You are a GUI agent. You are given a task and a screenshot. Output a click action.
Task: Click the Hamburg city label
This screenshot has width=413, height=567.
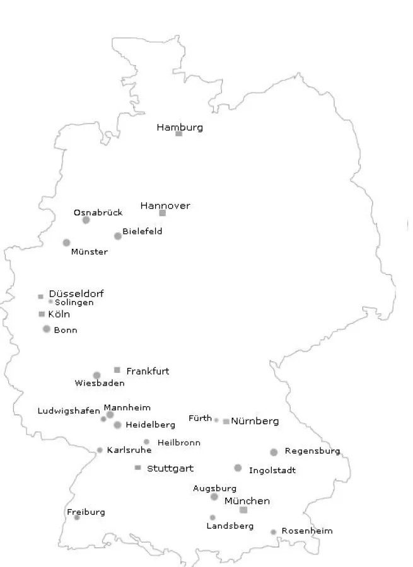pos(180,127)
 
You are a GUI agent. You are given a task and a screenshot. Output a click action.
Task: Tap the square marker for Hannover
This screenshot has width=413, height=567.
pos(162,213)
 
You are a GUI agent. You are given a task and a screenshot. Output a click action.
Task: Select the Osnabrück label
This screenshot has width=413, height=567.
pos(98,212)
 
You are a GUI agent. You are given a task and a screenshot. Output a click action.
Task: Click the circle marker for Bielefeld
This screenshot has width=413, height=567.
pos(118,236)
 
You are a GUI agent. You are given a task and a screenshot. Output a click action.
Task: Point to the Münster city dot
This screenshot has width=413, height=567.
pos(67,243)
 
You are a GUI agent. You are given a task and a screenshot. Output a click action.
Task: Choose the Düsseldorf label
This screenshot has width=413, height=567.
pos(76,294)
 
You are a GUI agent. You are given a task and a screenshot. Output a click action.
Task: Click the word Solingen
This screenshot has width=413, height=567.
pos(74,302)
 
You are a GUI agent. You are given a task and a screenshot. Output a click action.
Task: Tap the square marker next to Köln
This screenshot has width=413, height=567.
pos(42,314)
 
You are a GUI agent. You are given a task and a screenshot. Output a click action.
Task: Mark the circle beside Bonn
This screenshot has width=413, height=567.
pos(47,329)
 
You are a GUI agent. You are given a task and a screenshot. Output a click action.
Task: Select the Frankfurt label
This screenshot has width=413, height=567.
pos(148,371)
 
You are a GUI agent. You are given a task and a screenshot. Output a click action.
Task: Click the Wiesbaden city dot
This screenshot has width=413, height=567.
pos(96,375)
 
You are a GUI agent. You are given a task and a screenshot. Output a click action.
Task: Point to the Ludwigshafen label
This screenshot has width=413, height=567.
pos(69,411)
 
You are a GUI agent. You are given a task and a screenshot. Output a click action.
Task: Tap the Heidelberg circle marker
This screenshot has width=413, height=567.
pos(117,425)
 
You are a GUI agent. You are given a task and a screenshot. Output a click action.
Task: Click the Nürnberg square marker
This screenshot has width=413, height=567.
pos(226,421)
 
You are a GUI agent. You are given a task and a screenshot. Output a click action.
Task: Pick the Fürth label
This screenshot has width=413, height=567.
pos(200,418)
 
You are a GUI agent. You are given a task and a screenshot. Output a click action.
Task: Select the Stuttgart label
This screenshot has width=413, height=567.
pos(170,469)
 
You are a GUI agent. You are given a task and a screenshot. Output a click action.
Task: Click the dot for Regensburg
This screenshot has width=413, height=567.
pos(274,452)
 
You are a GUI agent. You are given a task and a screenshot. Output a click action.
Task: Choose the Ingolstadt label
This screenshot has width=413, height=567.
pos(272,471)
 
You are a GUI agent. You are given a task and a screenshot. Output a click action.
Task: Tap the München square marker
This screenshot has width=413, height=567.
pos(243,510)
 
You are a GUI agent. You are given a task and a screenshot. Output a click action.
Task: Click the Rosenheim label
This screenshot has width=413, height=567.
pos(306,531)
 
